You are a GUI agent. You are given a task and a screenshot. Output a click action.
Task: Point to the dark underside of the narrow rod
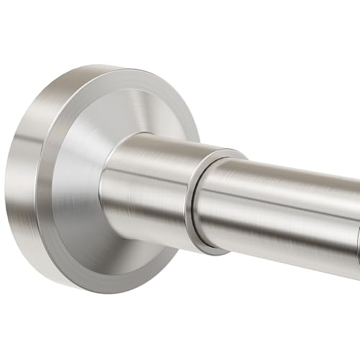tap(288, 256)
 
